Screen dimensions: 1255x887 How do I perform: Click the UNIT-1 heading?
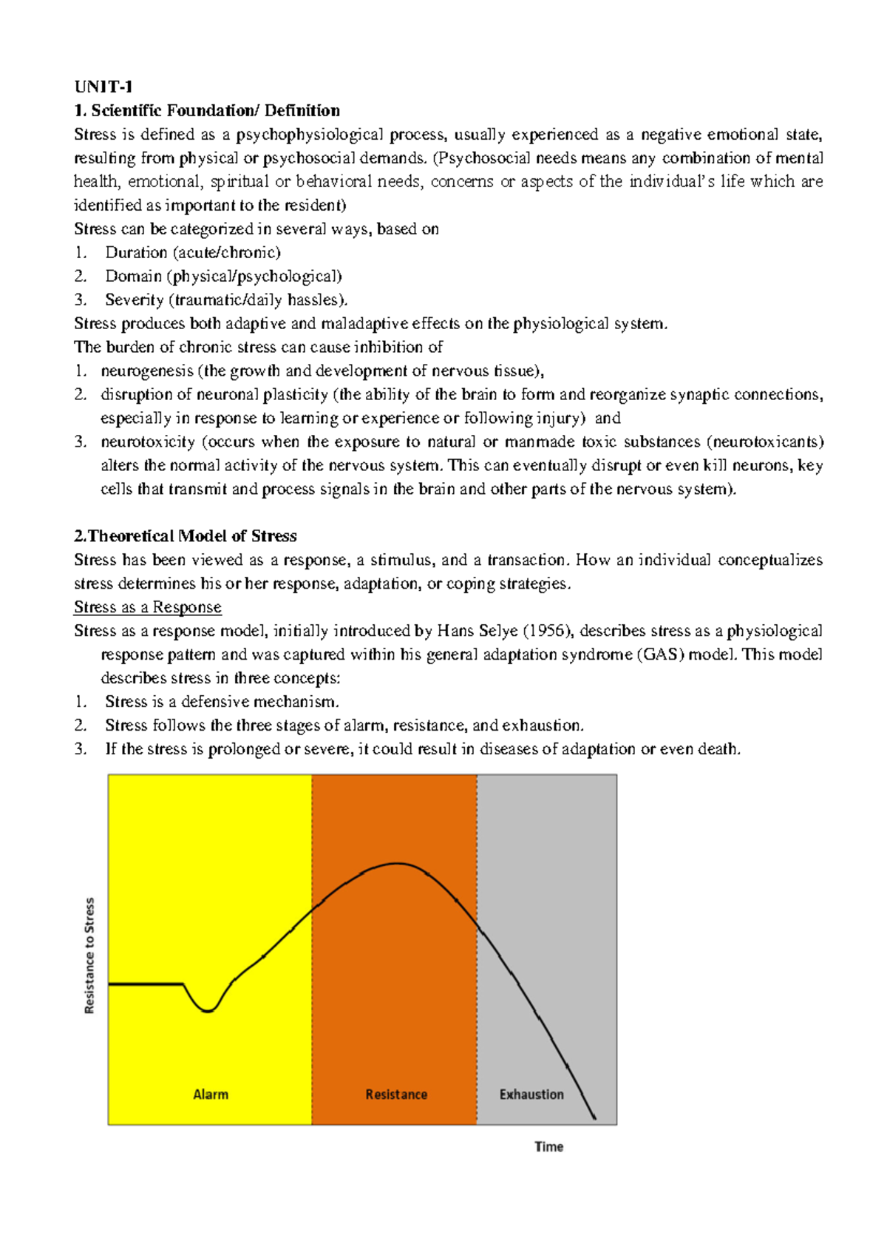pos(103,87)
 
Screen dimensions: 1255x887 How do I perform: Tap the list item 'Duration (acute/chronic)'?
pos(192,253)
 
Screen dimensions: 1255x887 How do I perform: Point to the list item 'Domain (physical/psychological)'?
pos(223,277)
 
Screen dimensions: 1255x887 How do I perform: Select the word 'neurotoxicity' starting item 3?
pos(148,442)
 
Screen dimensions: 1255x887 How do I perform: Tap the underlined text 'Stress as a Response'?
pos(148,607)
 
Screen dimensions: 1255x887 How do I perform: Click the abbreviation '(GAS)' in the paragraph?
pos(660,654)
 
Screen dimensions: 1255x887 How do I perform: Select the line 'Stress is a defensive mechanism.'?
pos(222,702)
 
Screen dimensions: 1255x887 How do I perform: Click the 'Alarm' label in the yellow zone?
pos(211,1095)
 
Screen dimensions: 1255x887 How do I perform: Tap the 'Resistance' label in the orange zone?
pos(396,1095)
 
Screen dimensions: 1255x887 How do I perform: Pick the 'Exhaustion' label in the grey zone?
pos(531,1095)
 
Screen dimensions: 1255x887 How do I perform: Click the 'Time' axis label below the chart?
pos(549,1147)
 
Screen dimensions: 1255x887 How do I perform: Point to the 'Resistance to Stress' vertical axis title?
pos(89,955)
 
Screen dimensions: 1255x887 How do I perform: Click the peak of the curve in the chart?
pos(397,863)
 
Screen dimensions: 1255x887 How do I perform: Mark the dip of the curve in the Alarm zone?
pos(208,1011)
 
